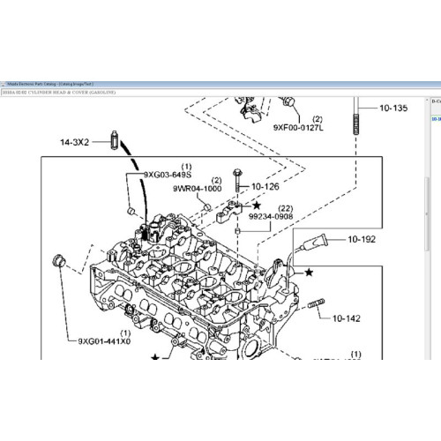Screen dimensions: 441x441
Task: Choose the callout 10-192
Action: (x=361, y=238)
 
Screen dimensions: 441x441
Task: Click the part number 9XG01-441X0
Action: (x=104, y=341)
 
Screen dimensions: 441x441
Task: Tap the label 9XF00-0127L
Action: (x=299, y=127)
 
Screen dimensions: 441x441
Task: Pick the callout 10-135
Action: (x=393, y=108)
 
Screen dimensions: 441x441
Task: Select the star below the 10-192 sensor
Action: (x=309, y=273)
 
